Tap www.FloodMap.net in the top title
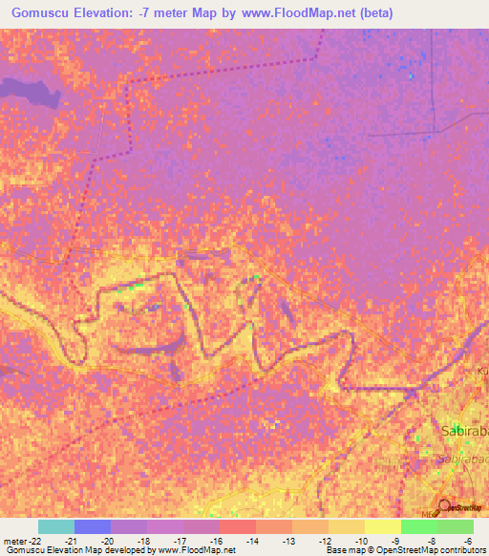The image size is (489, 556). pos(297,13)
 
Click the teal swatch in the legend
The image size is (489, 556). pos(56,526)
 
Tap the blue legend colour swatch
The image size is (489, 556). pos(93,526)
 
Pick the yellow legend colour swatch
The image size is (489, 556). pos(382,526)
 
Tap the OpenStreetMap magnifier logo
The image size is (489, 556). pos(443,506)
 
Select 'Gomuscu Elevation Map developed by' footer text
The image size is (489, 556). pos(73,550)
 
